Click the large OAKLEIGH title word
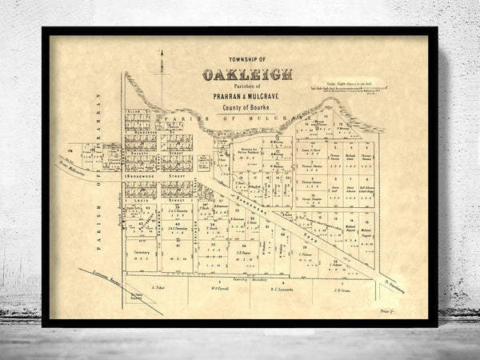pyautogui.click(x=247, y=75)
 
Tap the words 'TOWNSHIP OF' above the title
pyautogui.click(x=246, y=62)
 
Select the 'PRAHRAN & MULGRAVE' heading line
pyautogui.click(x=247, y=94)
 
